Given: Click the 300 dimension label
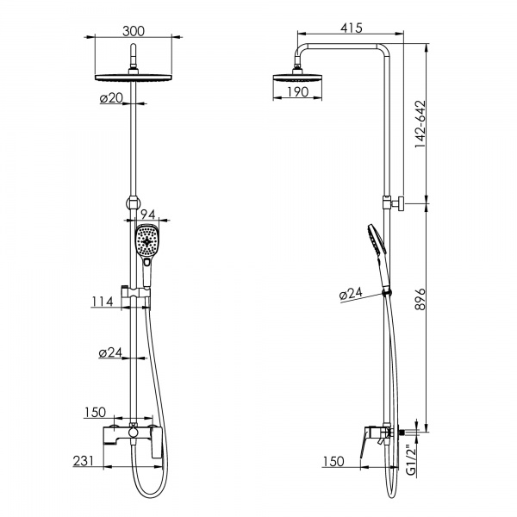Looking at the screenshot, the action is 134,31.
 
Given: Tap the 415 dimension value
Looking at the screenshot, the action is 352,28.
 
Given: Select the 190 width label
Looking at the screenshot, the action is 298,92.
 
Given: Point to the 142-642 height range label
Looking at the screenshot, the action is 420,124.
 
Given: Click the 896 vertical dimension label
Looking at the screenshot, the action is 420,299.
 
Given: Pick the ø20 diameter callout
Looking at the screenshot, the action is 111,98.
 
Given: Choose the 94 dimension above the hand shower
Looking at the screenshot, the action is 147,215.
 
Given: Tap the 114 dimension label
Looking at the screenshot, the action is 103,302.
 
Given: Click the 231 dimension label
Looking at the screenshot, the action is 84,461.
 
